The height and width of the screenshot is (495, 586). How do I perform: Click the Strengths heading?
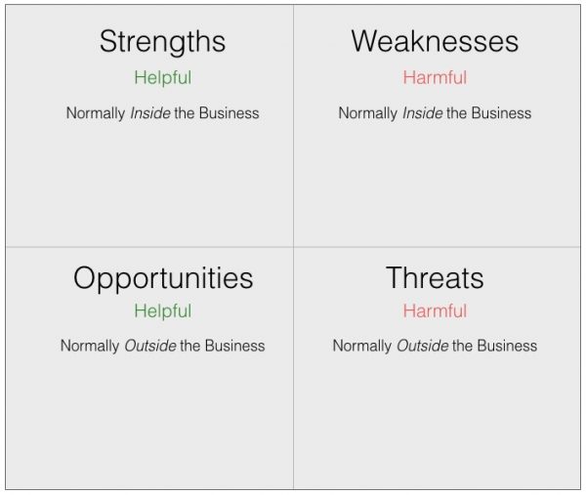click(x=162, y=42)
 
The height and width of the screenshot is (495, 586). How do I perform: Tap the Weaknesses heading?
click(x=435, y=41)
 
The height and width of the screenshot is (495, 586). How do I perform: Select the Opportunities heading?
click(x=163, y=279)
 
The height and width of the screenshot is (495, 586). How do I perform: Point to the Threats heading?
click(x=435, y=277)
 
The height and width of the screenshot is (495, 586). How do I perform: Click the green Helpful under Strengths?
click(x=163, y=78)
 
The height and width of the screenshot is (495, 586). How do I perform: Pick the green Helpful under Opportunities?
click(x=163, y=311)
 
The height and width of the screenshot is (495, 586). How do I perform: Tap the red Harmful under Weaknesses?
click(x=435, y=78)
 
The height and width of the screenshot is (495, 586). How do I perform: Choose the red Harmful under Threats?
click(x=435, y=310)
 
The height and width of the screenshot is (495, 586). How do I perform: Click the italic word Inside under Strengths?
click(x=150, y=113)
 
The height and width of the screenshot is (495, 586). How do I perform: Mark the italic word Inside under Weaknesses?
click(x=422, y=113)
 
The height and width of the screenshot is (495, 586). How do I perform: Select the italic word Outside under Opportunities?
click(x=150, y=346)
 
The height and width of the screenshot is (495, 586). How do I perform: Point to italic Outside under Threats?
click(x=422, y=346)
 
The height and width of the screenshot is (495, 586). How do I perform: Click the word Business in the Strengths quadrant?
click(x=230, y=113)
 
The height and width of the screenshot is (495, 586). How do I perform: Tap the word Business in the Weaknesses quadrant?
click(x=501, y=113)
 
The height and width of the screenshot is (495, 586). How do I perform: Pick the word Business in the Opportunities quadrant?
click(x=235, y=346)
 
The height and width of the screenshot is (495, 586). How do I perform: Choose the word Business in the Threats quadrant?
click(x=507, y=346)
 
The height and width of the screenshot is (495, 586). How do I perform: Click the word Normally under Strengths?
click(x=96, y=113)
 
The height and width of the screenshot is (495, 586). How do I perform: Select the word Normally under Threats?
click(x=362, y=347)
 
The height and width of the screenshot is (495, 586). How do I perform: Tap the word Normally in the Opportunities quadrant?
click(x=90, y=347)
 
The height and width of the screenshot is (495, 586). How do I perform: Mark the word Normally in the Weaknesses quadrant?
click(x=368, y=113)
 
